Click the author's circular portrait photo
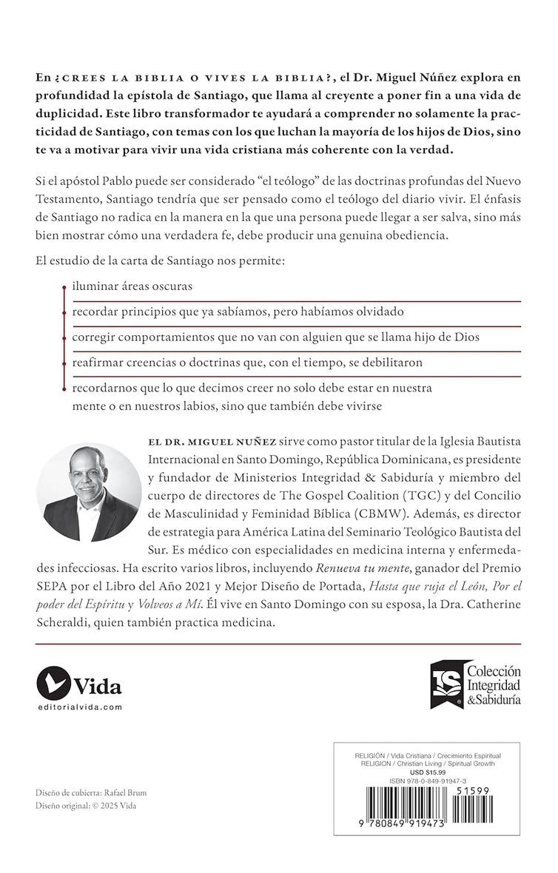point(89,492)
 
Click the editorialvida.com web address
point(78,707)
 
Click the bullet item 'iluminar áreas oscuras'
point(130,285)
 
